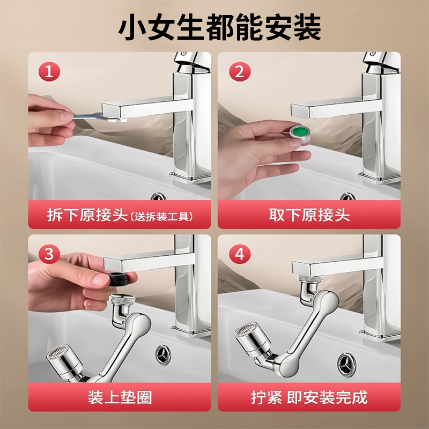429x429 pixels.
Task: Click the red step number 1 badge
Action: (x=49, y=72)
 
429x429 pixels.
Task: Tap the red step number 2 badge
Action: (x=240, y=72)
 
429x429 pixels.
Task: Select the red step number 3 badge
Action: (x=49, y=254)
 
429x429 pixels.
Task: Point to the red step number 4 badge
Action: (x=240, y=254)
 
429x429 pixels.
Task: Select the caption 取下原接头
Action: (x=309, y=215)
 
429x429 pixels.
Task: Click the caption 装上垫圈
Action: (x=120, y=397)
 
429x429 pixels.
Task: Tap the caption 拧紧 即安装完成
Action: (x=309, y=397)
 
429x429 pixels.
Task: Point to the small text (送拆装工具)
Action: (x=161, y=217)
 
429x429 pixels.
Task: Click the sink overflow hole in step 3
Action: (x=164, y=355)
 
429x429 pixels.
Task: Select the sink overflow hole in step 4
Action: (x=346, y=364)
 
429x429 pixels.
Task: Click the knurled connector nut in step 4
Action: (x=310, y=278)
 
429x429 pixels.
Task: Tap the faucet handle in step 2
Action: (x=382, y=62)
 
